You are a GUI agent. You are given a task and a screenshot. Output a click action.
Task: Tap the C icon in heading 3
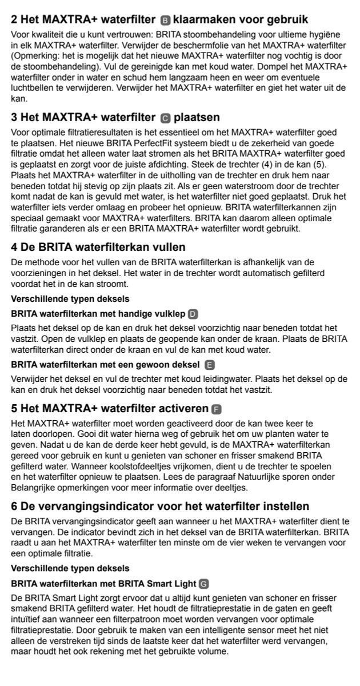point(165,118)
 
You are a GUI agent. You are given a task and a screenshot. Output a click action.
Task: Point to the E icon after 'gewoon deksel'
point(209,365)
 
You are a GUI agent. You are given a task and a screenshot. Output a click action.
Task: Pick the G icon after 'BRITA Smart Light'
point(203,583)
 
